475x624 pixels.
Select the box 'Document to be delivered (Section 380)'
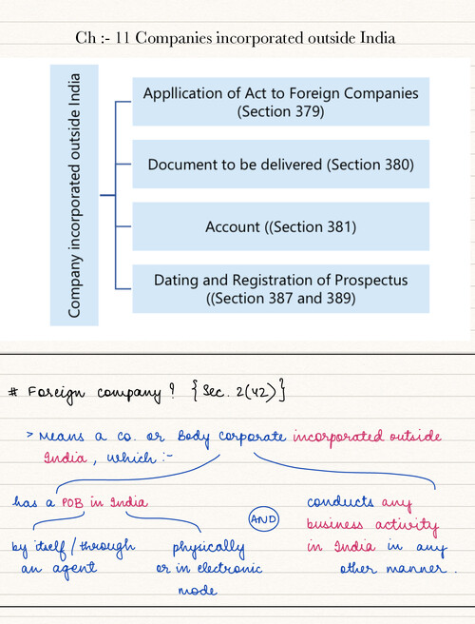pyautogui.click(x=280, y=165)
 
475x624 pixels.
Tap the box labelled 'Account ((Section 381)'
pyautogui.click(x=280, y=226)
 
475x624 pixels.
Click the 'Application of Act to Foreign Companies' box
pyautogui.click(x=280, y=102)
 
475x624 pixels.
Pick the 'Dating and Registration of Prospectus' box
pyautogui.click(x=280, y=288)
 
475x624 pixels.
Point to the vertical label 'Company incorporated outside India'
pyautogui.click(x=75, y=194)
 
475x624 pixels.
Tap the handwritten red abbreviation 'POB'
pyautogui.click(x=73, y=502)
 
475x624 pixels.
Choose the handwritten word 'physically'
pyautogui.click(x=208, y=549)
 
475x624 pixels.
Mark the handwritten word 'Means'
pyautogui.click(x=60, y=437)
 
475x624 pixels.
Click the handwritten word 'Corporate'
pyautogui.click(x=253, y=438)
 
